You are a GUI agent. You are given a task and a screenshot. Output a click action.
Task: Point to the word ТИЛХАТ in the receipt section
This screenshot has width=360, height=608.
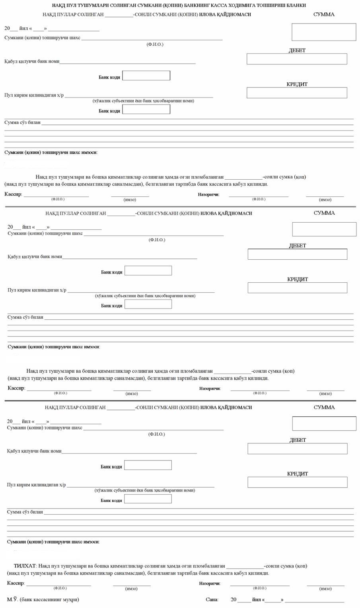[x=25, y=566]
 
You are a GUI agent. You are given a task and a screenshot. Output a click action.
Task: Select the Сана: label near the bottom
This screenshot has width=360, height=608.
[x=212, y=600]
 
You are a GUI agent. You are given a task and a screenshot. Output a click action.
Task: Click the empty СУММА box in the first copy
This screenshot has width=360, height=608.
[x=324, y=32]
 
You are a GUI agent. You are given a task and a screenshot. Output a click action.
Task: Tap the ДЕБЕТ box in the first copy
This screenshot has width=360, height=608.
[x=297, y=59]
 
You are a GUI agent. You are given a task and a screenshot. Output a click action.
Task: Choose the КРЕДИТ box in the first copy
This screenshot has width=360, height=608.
[x=297, y=93]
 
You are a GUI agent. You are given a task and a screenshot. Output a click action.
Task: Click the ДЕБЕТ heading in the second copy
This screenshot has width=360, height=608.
[x=297, y=246]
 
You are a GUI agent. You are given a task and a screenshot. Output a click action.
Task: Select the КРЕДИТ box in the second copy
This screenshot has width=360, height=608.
[x=297, y=288]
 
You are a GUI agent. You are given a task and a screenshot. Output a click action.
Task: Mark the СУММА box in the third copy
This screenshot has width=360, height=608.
[x=324, y=423]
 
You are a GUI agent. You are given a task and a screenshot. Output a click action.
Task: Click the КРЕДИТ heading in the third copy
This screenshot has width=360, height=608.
[x=297, y=474]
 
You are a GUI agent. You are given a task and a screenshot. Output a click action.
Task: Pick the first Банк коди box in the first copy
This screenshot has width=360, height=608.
[x=146, y=76]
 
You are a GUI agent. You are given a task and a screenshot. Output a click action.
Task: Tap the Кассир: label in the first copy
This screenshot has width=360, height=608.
[x=13, y=194]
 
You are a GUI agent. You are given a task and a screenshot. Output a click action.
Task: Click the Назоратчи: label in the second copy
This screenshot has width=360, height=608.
[x=210, y=388]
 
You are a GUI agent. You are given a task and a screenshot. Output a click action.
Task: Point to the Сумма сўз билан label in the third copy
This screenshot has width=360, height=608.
[x=25, y=512]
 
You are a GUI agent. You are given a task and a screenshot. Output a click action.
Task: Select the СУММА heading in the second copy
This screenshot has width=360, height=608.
[x=324, y=213]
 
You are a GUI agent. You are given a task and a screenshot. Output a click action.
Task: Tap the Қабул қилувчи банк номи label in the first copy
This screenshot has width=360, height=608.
[x=32, y=62]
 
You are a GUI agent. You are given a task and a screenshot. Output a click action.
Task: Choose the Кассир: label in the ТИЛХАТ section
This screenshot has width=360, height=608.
[x=16, y=583]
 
